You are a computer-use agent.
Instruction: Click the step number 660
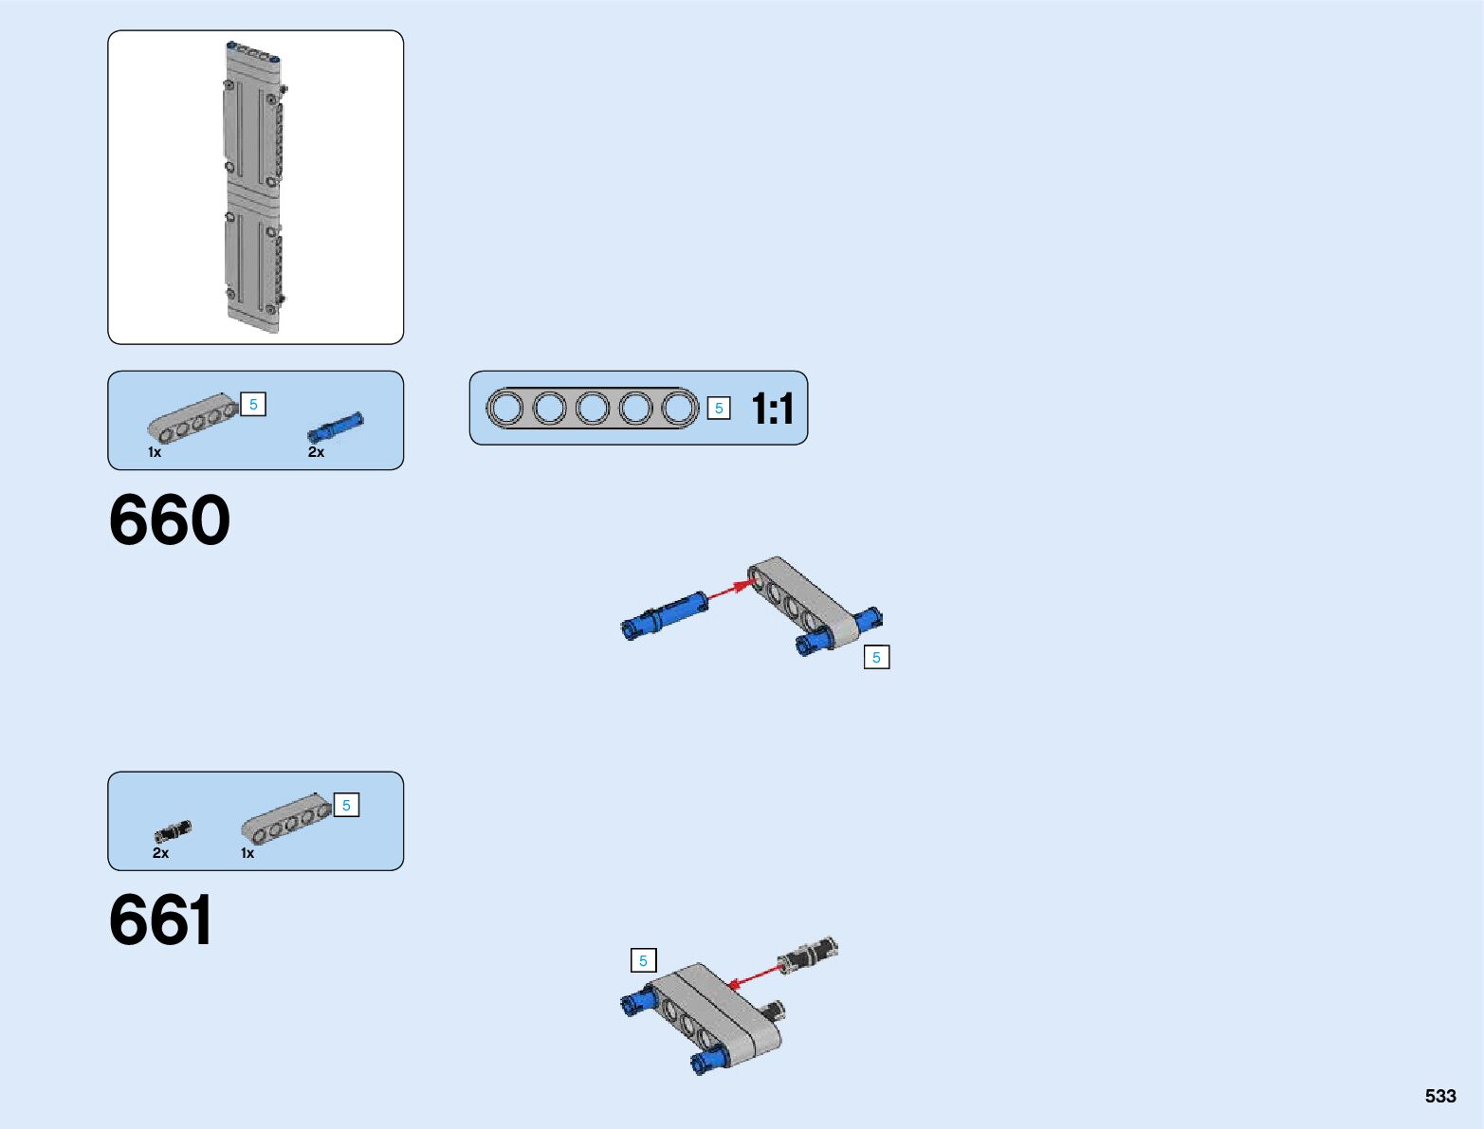[x=170, y=520]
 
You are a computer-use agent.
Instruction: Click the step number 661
[x=161, y=920]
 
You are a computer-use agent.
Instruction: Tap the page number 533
[x=1439, y=1096]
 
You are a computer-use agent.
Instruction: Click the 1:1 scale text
[x=772, y=410]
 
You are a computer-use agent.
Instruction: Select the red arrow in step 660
[x=729, y=590]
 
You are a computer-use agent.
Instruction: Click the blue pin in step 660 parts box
[x=335, y=428]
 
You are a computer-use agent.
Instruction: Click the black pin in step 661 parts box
[x=172, y=831]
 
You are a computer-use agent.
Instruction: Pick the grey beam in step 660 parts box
[x=192, y=419]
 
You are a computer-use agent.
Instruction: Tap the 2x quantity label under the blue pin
[x=316, y=452]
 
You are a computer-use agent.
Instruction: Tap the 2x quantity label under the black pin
[x=160, y=853]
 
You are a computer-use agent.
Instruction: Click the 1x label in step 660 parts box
[x=155, y=452]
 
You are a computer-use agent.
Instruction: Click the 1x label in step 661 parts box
[x=247, y=853]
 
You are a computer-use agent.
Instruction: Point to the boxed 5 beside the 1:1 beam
[x=719, y=409]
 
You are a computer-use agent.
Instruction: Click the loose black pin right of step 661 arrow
[x=808, y=954]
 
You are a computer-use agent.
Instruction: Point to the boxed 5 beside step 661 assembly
[x=643, y=960]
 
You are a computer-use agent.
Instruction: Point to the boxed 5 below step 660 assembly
[x=876, y=657]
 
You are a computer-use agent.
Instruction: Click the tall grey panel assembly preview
[x=253, y=187]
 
